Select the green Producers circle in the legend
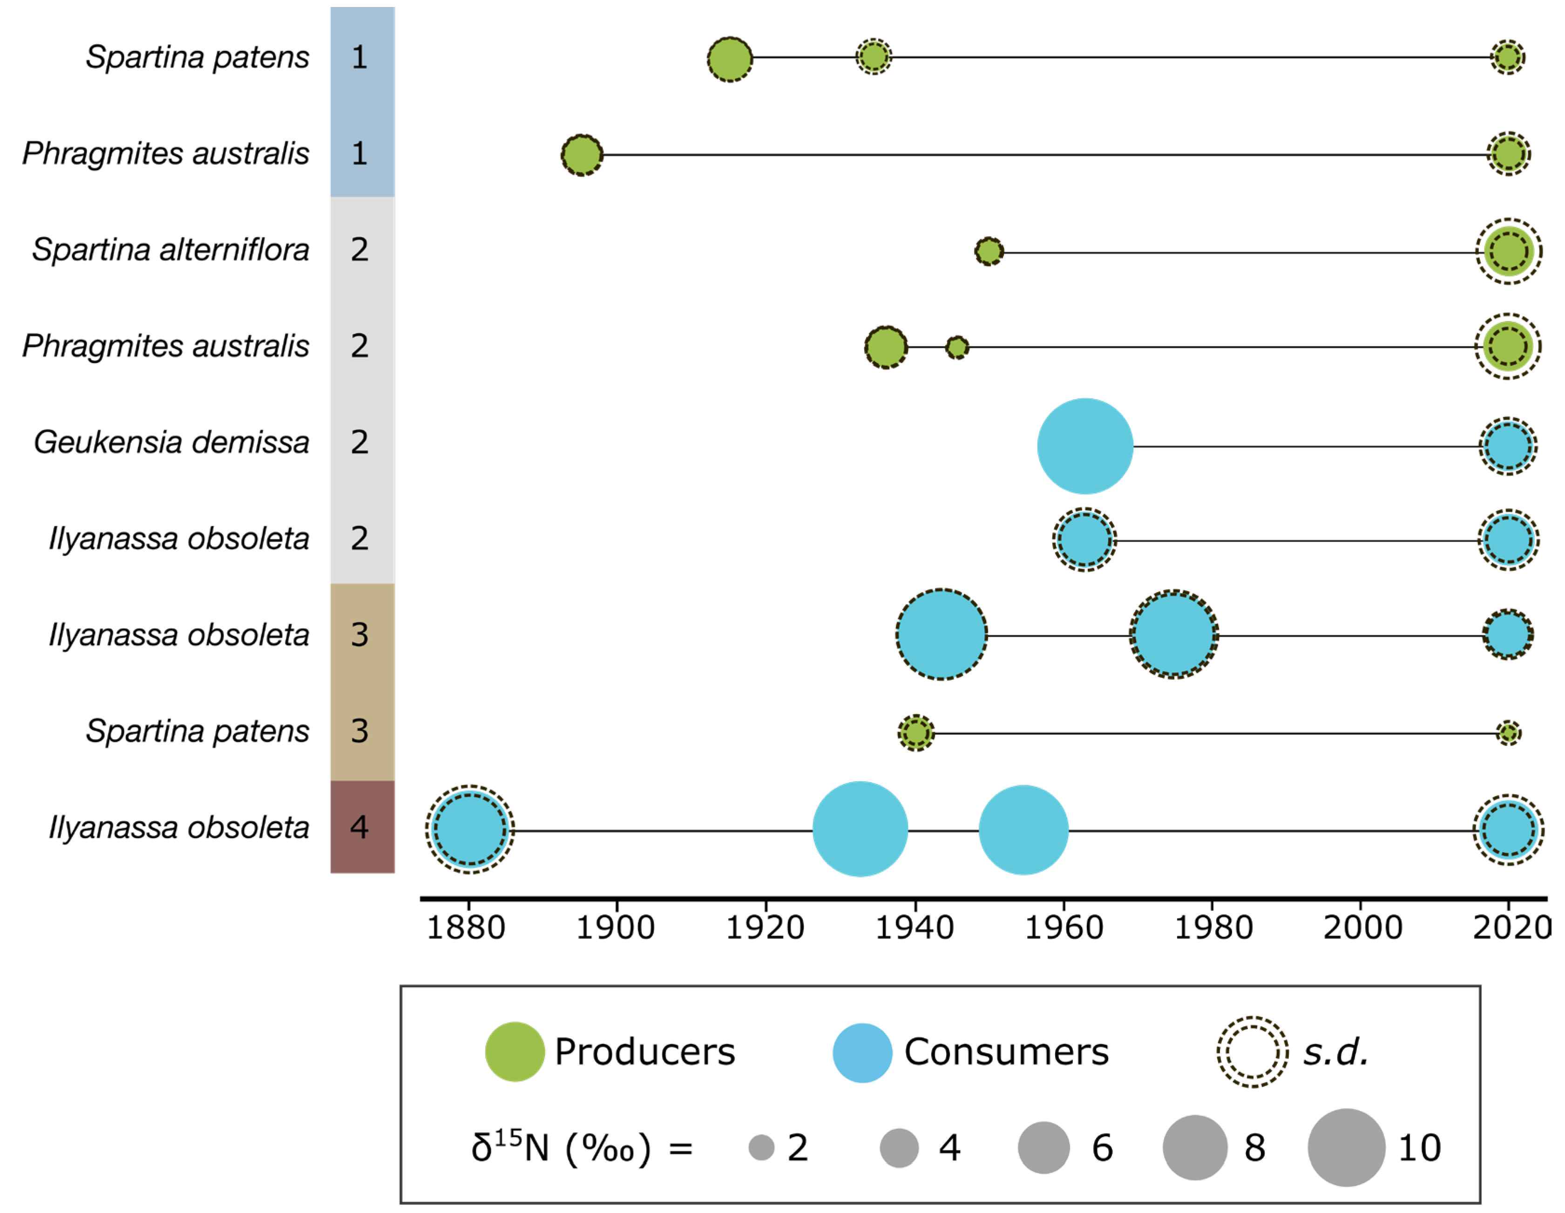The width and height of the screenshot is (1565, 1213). [x=515, y=1052]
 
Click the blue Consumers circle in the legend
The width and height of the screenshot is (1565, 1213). [x=862, y=1052]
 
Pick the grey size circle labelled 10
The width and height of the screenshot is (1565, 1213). [x=1346, y=1148]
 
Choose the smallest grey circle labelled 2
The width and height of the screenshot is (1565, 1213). [x=761, y=1148]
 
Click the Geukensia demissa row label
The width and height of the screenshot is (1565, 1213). [x=171, y=443]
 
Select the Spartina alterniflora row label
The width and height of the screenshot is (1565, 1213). [x=170, y=250]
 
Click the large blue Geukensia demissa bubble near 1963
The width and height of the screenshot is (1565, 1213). [x=1085, y=446]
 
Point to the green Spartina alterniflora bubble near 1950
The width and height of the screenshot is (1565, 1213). [x=989, y=252]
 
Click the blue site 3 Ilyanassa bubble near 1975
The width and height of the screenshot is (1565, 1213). [x=1174, y=634]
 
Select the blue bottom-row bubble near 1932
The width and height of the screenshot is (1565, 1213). [x=860, y=830]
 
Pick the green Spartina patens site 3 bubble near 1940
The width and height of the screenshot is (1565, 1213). [x=916, y=733]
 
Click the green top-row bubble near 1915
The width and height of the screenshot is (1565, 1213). [x=730, y=59]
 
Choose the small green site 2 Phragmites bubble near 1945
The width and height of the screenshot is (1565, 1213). [x=956, y=348]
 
